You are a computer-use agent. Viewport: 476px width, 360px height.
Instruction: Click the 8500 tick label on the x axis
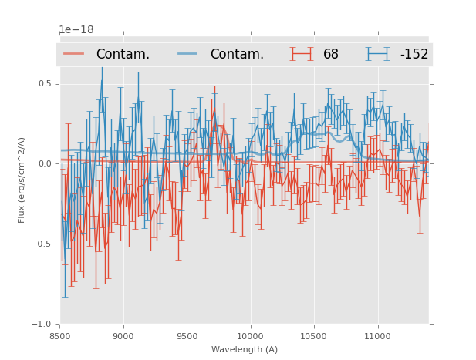pyautogui.click(x=60, y=336)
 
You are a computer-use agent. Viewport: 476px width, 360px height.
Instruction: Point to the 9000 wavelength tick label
pyautogui.click(x=123, y=336)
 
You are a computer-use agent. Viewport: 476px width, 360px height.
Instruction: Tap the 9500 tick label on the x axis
pyautogui.click(x=187, y=336)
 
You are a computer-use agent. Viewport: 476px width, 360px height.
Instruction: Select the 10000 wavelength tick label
pyautogui.click(x=251, y=336)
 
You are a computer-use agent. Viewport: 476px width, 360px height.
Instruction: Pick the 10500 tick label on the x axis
pyautogui.click(x=315, y=336)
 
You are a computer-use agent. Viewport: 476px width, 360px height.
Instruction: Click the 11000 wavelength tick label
pyautogui.click(x=378, y=336)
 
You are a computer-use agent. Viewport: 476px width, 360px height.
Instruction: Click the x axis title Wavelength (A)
pyautogui.click(x=245, y=349)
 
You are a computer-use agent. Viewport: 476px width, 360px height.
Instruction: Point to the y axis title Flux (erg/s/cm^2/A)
pyautogui.click(x=22, y=180)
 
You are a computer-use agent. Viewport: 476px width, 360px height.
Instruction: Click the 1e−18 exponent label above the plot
pyautogui.click(x=76, y=30)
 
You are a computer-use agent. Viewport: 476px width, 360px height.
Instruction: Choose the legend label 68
pyautogui.click(x=331, y=54)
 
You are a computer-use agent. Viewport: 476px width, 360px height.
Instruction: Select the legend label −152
pyautogui.click(x=414, y=54)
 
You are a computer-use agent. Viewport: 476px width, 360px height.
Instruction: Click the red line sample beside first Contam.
pyautogui.click(x=74, y=54)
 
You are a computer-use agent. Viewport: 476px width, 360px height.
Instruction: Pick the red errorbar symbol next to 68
pyautogui.click(x=302, y=54)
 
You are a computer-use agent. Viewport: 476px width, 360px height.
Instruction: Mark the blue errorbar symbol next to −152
pyautogui.click(x=377, y=54)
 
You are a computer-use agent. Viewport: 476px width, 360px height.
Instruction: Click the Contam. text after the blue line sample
pyautogui.click(x=237, y=54)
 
